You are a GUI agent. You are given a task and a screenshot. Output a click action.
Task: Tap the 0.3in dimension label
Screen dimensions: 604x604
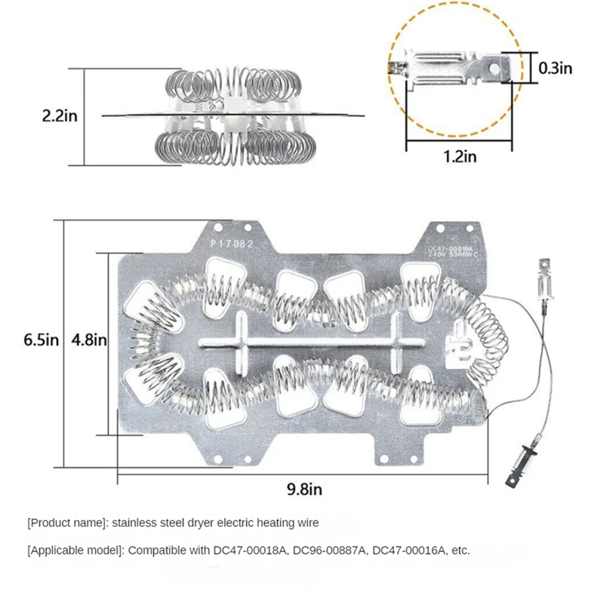556,68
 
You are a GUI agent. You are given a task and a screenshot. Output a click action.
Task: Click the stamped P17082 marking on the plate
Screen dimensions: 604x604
233,244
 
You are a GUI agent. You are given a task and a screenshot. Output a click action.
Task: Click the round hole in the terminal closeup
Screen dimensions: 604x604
495,67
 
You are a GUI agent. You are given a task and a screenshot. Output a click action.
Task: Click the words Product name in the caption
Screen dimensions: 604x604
68,522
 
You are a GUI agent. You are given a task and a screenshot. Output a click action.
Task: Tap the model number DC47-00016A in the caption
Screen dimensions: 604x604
408,550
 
